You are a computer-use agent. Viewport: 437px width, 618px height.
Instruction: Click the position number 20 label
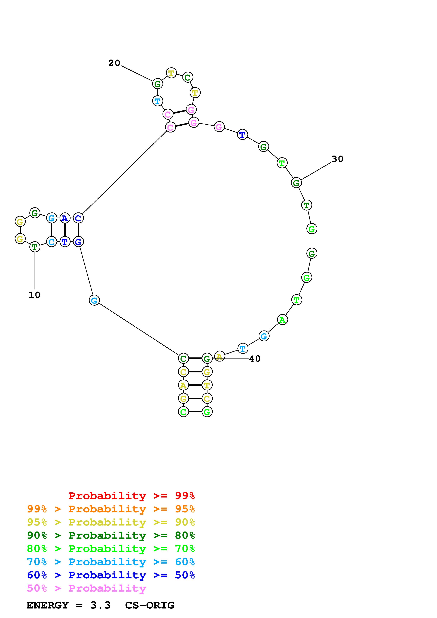pyautogui.click(x=114, y=63)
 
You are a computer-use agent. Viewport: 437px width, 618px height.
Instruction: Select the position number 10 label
pyautogui.click(x=35, y=295)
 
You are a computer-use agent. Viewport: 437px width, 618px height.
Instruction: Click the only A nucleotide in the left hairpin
pyautogui.click(x=65, y=218)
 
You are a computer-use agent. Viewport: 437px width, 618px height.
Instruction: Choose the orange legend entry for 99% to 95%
pyautogui.click(x=111, y=509)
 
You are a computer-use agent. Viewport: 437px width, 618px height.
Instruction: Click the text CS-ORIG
pyautogui.click(x=150, y=605)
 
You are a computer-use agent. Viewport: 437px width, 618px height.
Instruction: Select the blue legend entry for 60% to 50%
pyautogui.click(x=111, y=575)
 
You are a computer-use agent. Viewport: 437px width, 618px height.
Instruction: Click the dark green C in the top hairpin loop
pyautogui.click(x=188, y=78)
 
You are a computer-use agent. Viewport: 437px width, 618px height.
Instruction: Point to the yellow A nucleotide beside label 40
pyautogui.click(x=219, y=357)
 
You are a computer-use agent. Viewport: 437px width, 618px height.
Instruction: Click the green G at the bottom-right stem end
pyautogui.click(x=207, y=412)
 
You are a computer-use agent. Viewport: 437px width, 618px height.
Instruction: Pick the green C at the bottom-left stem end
pyautogui.click(x=183, y=412)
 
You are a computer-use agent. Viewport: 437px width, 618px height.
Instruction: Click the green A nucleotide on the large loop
pyautogui.click(x=282, y=320)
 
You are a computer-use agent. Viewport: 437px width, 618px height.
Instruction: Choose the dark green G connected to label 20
pyautogui.click(x=158, y=84)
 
